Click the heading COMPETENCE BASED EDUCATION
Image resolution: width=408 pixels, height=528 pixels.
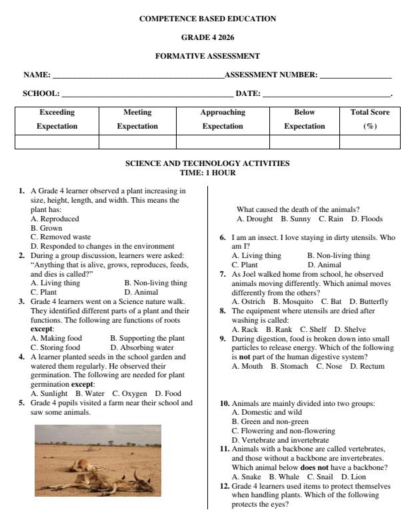(x=207, y=19)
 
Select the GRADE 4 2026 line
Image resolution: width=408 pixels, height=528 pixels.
(x=207, y=37)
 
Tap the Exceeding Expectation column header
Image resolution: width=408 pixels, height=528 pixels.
(x=57, y=119)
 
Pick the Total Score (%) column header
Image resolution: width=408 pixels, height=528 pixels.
(x=369, y=119)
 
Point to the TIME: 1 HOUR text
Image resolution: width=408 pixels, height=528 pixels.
(x=207, y=173)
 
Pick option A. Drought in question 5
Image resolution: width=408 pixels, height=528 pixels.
(x=255, y=219)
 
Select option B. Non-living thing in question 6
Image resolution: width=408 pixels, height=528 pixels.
(x=338, y=255)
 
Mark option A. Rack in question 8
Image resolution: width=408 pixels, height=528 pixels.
(x=244, y=329)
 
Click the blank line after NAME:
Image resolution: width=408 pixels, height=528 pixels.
(x=138, y=75)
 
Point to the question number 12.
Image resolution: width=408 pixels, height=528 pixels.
(x=225, y=486)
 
